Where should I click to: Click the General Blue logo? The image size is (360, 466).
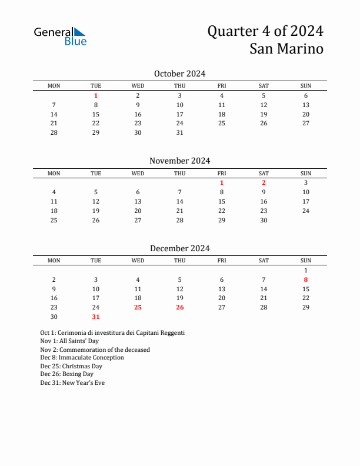pyautogui.click(x=60, y=36)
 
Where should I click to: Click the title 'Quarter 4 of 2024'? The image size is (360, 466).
pyautogui.click(x=265, y=31)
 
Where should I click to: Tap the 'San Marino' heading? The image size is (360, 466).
pyautogui.click(x=286, y=49)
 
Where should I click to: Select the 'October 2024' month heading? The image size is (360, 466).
pyautogui.click(x=179, y=74)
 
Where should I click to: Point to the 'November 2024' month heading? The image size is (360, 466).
pyautogui.click(x=179, y=161)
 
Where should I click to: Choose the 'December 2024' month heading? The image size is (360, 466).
pyautogui.click(x=179, y=248)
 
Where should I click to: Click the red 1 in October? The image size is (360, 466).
pyautogui.click(x=96, y=95)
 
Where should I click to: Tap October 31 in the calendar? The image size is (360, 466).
pyautogui.click(x=180, y=132)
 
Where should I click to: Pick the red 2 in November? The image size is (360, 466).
pyautogui.click(x=264, y=182)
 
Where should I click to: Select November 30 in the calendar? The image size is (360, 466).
pyautogui.click(x=264, y=220)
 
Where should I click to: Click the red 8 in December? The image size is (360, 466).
pyautogui.click(x=306, y=279)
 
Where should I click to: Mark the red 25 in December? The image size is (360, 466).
pyautogui.click(x=138, y=307)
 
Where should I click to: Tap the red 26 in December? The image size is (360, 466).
pyautogui.click(x=180, y=307)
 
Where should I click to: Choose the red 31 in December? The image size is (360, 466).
pyautogui.click(x=96, y=317)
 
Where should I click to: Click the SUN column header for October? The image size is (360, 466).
pyautogui.click(x=306, y=86)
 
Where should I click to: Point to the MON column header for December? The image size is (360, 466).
pyautogui.click(x=54, y=261)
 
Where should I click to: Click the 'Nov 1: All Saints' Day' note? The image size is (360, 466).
pyautogui.click(x=69, y=341)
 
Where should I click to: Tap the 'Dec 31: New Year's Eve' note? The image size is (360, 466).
pyautogui.click(x=72, y=382)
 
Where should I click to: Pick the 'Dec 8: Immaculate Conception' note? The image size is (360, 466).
pyautogui.click(x=82, y=358)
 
